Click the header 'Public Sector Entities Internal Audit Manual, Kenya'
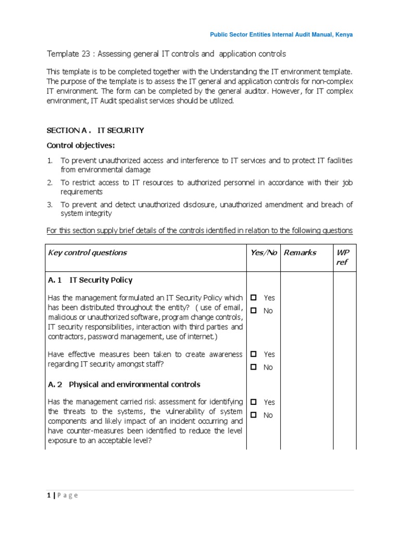(281, 34)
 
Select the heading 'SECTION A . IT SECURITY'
(95, 130)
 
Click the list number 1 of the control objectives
(50, 161)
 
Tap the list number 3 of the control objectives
(50, 205)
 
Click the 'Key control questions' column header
(87, 252)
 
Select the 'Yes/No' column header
(264, 252)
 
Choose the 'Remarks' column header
(299, 252)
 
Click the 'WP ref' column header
(344, 257)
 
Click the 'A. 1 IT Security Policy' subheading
(90, 280)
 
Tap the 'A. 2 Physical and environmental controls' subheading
(124, 385)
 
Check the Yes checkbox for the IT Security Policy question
(254, 298)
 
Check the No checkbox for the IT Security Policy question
(254, 311)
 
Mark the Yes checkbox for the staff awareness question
(254, 354)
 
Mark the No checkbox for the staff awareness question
(254, 367)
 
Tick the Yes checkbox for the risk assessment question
(254, 402)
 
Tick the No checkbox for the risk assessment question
(254, 415)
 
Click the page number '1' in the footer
(48, 495)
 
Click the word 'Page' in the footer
(67, 495)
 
